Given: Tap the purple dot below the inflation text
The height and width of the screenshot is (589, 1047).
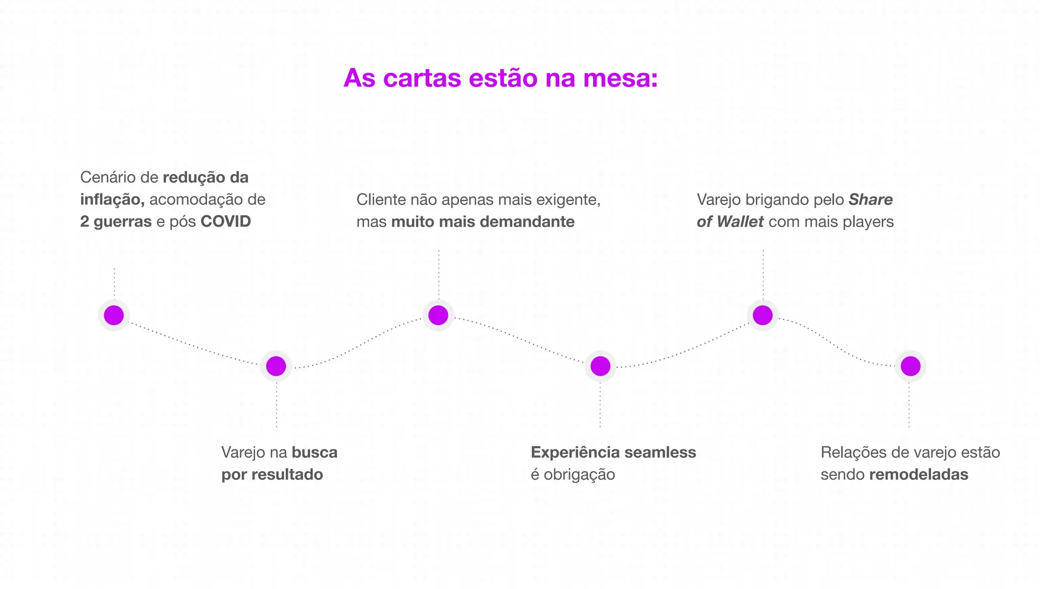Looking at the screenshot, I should [113, 315].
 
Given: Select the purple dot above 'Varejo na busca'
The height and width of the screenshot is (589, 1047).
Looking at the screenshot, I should [276, 366].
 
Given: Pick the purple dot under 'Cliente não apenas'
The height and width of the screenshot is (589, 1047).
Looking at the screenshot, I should [438, 315].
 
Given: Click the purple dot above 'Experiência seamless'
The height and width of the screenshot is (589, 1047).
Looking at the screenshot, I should [600, 366].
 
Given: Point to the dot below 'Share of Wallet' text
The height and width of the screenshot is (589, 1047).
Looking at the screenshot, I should [762, 315].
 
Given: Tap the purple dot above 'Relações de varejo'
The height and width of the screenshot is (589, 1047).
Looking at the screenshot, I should [911, 366].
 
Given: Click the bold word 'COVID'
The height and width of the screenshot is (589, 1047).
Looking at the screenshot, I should [225, 221].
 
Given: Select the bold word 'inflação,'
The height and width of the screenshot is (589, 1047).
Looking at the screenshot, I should [112, 199].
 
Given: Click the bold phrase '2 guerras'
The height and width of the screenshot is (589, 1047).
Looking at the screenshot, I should [116, 221].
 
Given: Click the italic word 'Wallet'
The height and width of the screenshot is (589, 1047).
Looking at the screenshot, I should [740, 221].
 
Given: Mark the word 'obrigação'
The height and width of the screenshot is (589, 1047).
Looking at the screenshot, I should [579, 474].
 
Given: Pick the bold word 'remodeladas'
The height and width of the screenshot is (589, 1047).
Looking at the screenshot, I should [918, 474].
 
